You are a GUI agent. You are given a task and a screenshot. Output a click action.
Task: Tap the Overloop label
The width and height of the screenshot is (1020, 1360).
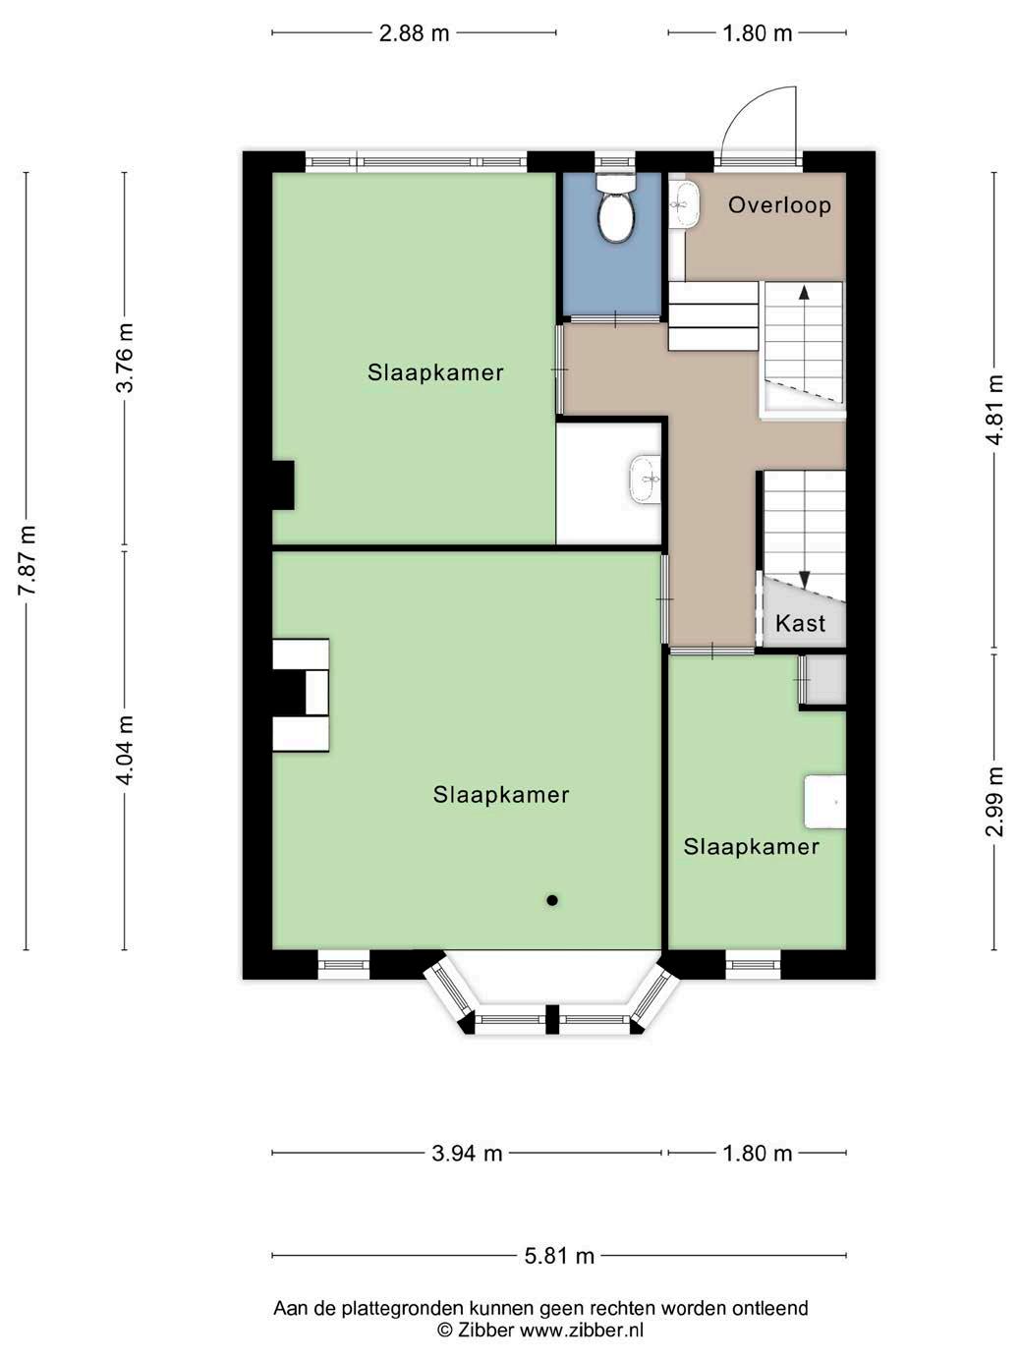[x=779, y=205]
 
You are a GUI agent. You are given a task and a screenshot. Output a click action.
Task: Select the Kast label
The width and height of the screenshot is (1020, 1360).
[x=800, y=623]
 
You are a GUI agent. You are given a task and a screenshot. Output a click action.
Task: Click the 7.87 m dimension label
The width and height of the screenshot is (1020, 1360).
[x=28, y=560]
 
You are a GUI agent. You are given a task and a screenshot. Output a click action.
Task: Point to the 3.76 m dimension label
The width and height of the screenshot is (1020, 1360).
[x=125, y=358]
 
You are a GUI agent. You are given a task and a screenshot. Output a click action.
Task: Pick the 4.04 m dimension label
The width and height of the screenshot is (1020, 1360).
[x=125, y=751]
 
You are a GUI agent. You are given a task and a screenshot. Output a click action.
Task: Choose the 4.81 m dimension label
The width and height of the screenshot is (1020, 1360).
[x=995, y=410]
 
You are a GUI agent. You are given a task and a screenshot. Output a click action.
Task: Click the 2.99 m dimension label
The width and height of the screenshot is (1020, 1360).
[x=995, y=802]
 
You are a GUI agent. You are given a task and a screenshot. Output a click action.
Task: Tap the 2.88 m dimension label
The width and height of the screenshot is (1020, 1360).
[x=415, y=32]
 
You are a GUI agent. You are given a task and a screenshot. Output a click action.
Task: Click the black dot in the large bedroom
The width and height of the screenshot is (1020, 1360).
[x=552, y=900]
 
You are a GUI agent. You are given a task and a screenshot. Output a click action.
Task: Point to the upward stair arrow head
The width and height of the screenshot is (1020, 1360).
[x=804, y=292]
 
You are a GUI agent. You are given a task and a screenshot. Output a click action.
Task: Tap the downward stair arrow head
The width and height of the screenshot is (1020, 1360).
[x=805, y=580]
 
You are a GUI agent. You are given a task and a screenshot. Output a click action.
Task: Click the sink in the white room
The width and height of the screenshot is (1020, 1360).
[x=646, y=480]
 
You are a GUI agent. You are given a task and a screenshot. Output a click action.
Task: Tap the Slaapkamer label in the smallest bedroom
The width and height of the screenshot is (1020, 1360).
[x=751, y=846]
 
